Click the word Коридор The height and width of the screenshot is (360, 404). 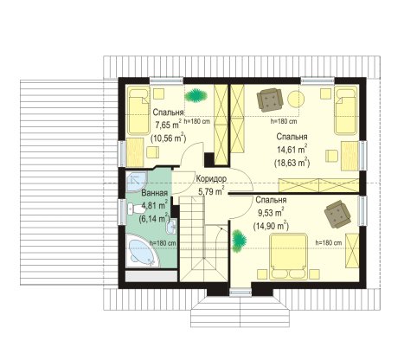[211, 178]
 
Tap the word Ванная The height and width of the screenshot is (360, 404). [155, 193]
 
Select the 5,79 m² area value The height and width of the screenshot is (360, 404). [211, 190]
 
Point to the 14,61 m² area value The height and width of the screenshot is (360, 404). [292, 150]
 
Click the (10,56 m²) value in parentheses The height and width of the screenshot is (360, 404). [169, 138]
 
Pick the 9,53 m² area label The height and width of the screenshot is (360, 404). [271, 213]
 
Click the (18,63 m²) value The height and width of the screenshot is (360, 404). [292, 163]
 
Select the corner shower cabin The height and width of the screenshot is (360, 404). [137, 182]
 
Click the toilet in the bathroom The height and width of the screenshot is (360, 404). [135, 209]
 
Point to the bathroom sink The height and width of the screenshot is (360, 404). [171, 226]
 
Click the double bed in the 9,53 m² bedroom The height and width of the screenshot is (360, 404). [288, 257]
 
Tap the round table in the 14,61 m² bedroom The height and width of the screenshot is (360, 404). [296, 99]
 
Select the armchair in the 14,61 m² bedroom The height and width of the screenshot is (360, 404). [270, 100]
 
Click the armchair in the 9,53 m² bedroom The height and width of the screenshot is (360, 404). [337, 214]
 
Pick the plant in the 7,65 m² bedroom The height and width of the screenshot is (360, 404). [196, 95]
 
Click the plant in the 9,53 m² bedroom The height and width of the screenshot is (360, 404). [240, 241]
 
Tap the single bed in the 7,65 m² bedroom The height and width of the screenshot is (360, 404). [138, 112]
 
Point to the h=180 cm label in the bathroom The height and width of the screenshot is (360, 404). [163, 243]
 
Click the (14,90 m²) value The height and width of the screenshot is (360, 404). [271, 226]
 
